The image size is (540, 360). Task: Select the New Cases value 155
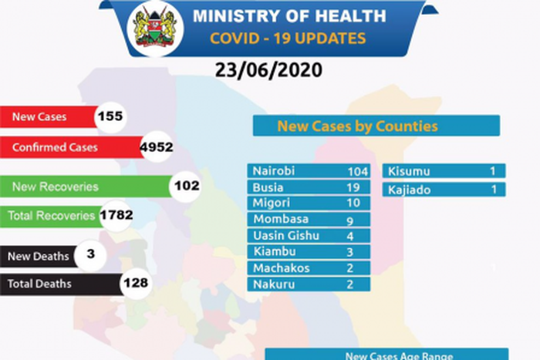click(x=110, y=117)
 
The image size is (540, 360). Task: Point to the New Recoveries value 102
click(x=186, y=186)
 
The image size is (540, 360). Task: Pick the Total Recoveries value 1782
click(x=116, y=216)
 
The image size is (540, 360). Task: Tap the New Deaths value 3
click(x=91, y=254)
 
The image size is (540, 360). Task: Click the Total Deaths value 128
click(x=136, y=284)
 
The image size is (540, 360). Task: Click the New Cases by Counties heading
click(x=357, y=125)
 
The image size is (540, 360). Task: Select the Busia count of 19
click(x=355, y=187)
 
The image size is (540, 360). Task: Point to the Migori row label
click(x=270, y=202)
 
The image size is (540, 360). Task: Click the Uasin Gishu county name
click(x=283, y=236)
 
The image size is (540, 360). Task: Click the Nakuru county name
click(x=270, y=284)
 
